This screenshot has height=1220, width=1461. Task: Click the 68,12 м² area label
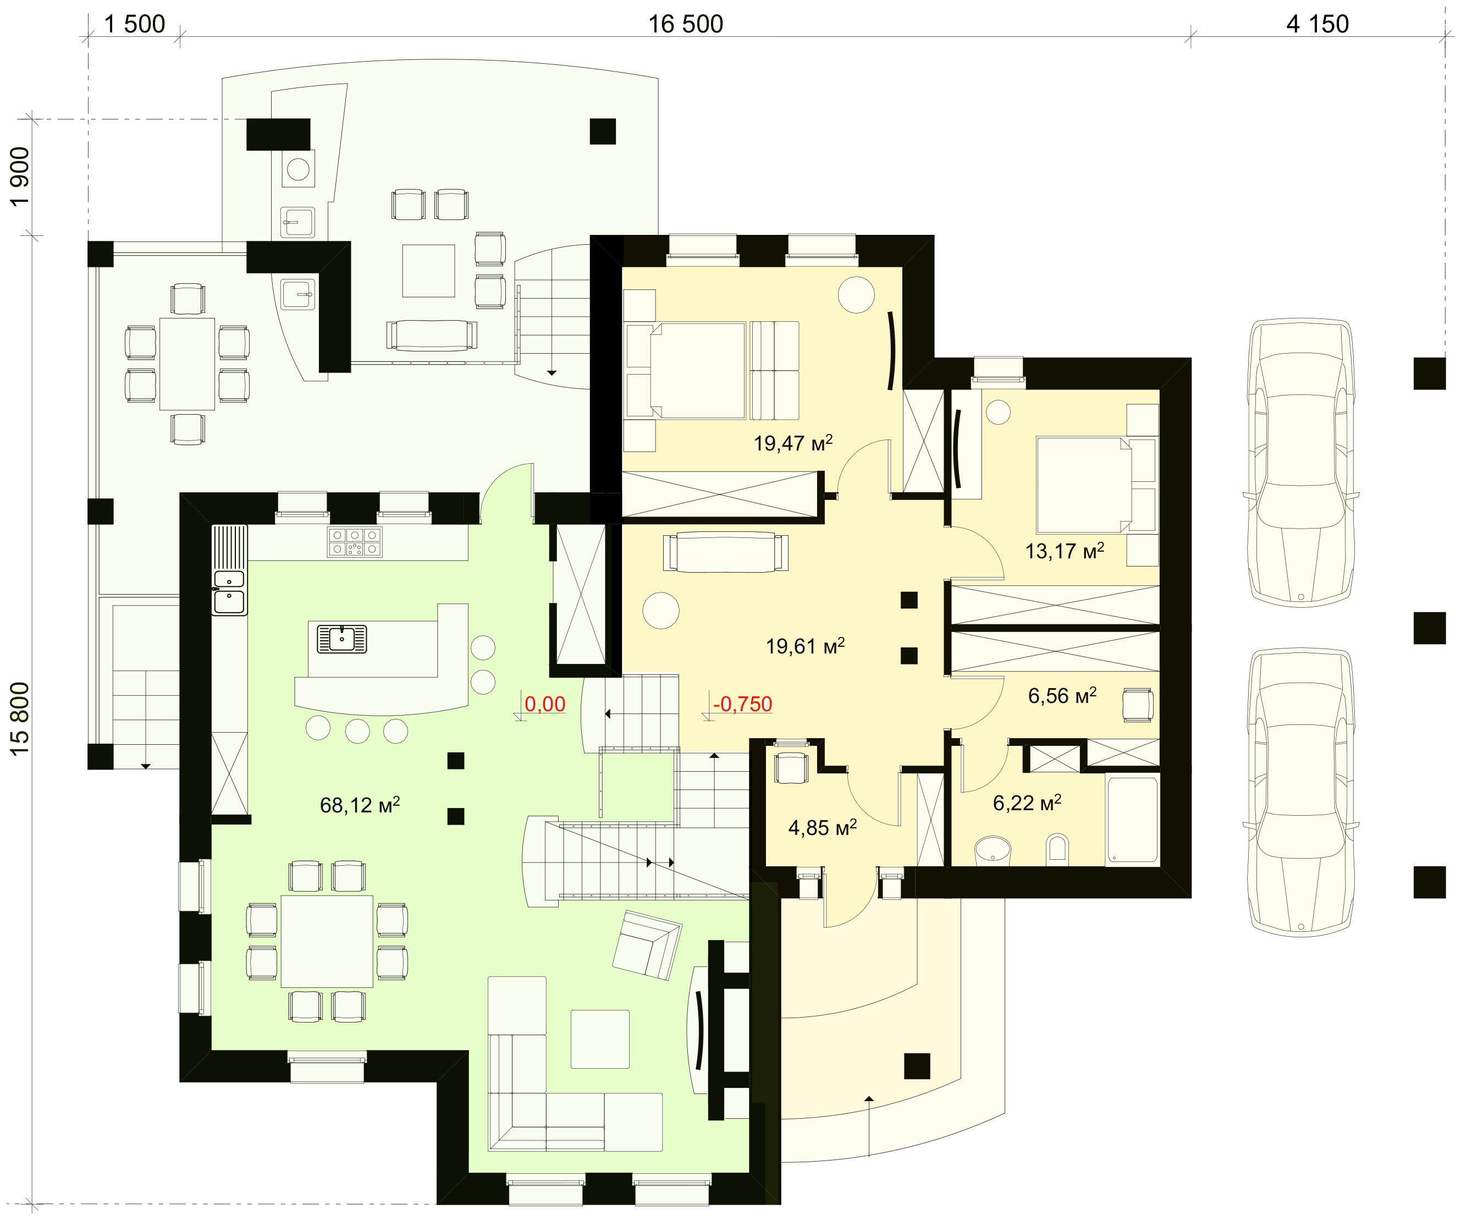(360, 805)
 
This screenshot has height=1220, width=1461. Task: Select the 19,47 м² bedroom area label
(793, 443)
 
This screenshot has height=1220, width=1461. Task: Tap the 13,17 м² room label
(1065, 551)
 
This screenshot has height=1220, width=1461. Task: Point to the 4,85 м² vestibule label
(823, 827)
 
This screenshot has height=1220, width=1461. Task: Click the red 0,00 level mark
(545, 704)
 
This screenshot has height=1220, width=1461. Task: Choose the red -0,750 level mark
(742, 704)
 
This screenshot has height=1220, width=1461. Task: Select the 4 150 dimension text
(1317, 24)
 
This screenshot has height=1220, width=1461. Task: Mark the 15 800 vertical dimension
(20, 717)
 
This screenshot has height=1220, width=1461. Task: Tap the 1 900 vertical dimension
(20, 176)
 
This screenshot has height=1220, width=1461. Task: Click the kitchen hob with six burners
(355, 542)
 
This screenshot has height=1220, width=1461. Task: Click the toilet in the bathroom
(1057, 850)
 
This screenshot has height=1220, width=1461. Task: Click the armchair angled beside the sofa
(647, 944)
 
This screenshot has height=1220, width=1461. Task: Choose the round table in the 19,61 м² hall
(660, 611)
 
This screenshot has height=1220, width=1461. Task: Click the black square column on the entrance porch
(917, 1065)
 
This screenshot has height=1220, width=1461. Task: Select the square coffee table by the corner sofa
(600, 1039)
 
